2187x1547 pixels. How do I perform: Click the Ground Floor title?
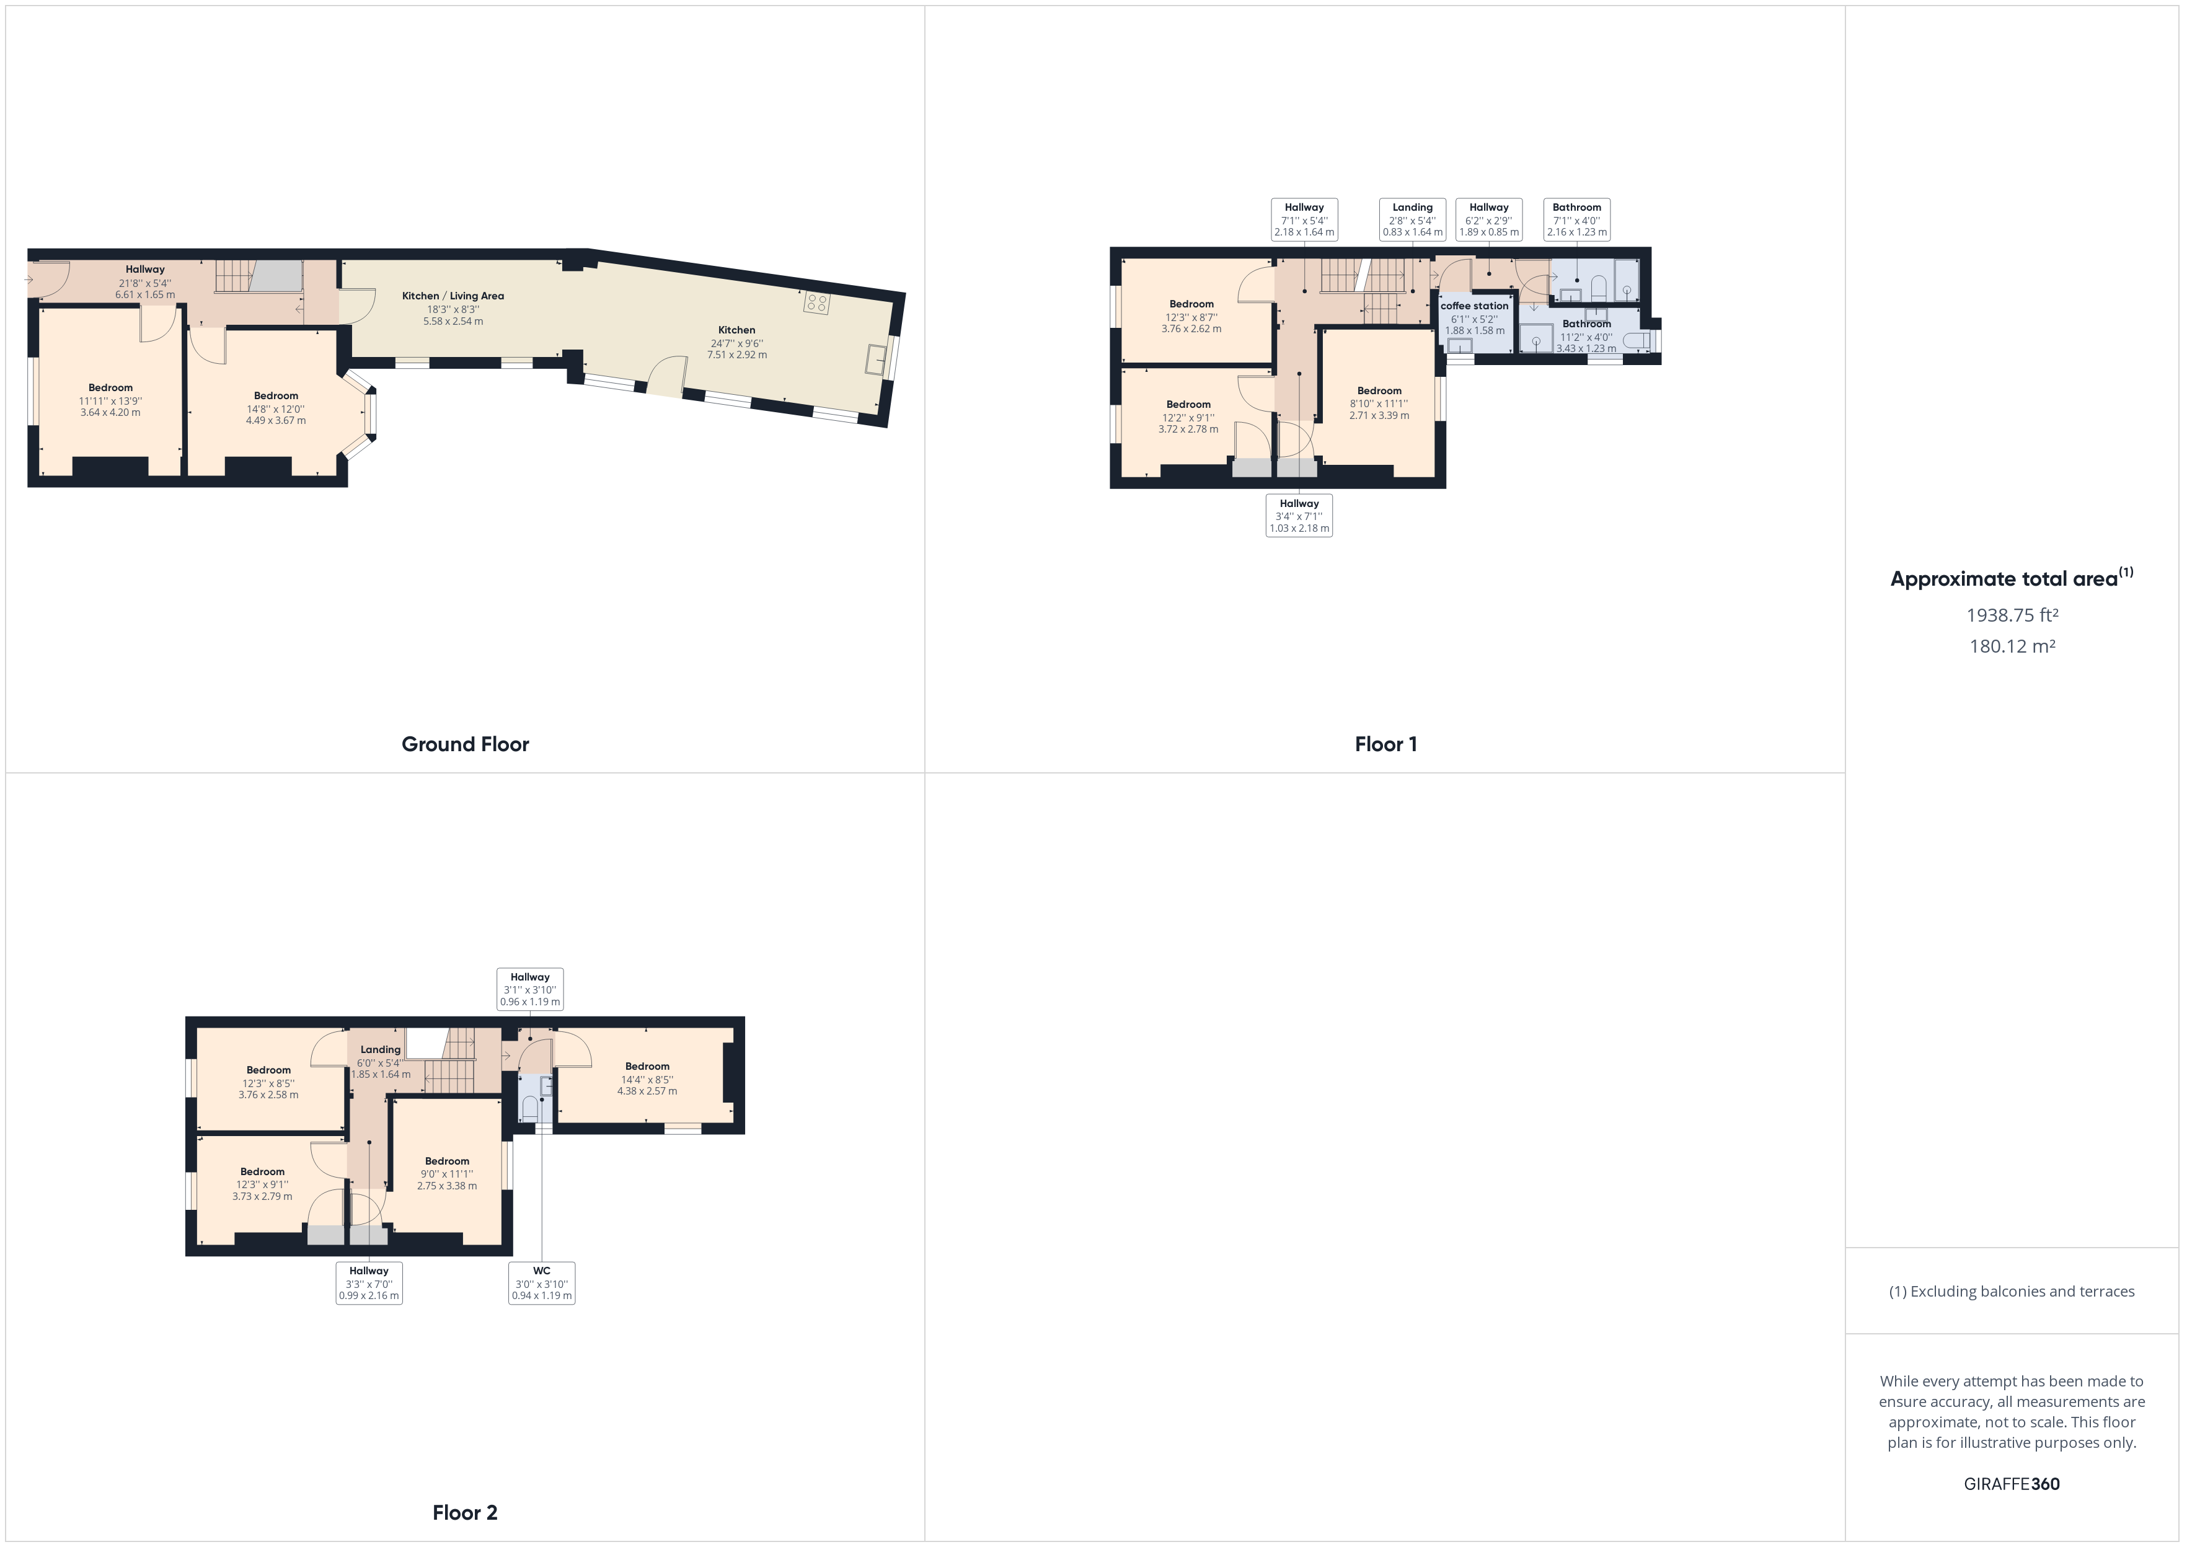pyautogui.click(x=465, y=744)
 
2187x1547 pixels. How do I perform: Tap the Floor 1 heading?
pyautogui.click(x=1386, y=744)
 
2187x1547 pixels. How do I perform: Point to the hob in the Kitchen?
pyautogui.click(x=817, y=304)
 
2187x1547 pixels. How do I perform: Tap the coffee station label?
pyautogui.click(x=1475, y=306)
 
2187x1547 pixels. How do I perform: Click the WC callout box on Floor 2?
pyautogui.click(x=542, y=1282)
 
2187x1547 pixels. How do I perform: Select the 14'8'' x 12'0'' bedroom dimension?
pyautogui.click(x=276, y=408)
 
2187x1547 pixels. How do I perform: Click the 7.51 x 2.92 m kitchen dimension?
pyautogui.click(x=737, y=355)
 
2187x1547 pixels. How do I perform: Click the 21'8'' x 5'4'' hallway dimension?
pyautogui.click(x=145, y=283)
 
